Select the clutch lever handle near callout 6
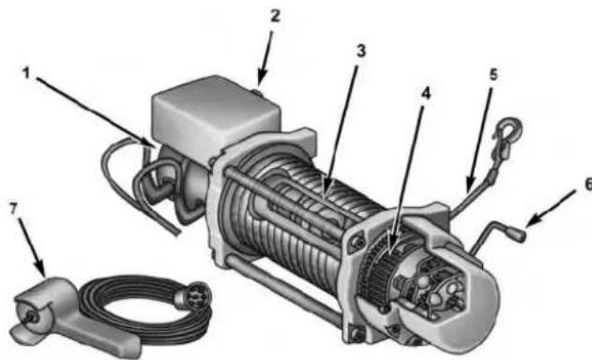[x=518, y=226]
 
